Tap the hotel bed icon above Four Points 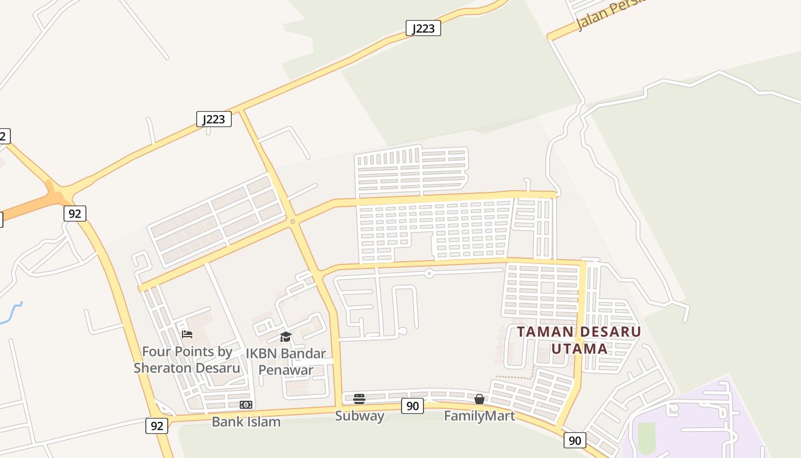point(187,334)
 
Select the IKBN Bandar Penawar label point(285,361)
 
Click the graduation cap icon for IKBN point(285,337)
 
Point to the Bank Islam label point(246,422)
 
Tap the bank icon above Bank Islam point(246,405)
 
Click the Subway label point(359,416)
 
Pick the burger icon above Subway point(359,399)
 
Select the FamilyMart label point(479,416)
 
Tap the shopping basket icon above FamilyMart point(479,399)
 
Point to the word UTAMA point(579,349)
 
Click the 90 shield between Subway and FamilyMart point(412,406)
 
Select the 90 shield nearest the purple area point(575,440)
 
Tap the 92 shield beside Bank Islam point(156,426)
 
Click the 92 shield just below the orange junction point(74,214)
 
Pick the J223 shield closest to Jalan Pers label point(423,29)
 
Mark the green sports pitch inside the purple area point(646,438)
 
